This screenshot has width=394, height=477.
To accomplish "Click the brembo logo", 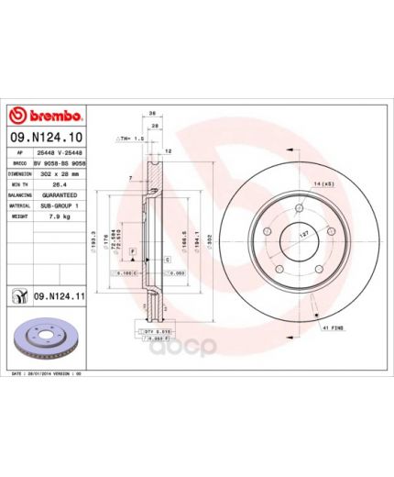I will click(x=47, y=116).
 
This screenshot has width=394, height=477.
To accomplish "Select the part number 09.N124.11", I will click(x=60, y=294).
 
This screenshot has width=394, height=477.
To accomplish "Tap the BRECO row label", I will click(x=20, y=161).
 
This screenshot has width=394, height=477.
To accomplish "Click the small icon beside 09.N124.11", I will click(x=18, y=294).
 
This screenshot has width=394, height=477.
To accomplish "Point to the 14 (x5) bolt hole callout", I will click(x=322, y=185).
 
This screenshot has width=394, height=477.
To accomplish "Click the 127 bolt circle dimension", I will click(x=303, y=234).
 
